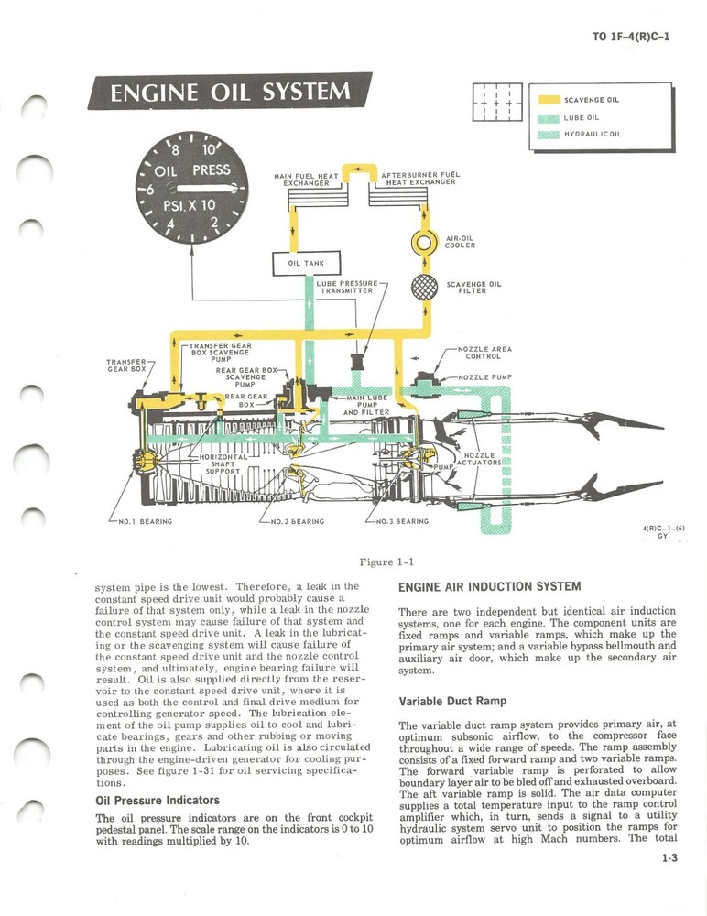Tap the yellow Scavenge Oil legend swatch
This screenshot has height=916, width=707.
pyautogui.click(x=548, y=99)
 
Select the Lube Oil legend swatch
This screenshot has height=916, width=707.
pyautogui.click(x=548, y=117)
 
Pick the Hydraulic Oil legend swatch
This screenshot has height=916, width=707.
pyautogui.click(x=548, y=135)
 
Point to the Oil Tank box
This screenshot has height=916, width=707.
pyautogui.click(x=306, y=264)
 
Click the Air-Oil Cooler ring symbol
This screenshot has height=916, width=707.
pyautogui.click(x=426, y=243)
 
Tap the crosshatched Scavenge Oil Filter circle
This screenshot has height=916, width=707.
pyautogui.click(x=426, y=287)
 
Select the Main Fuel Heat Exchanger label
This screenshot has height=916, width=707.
pyautogui.click(x=306, y=179)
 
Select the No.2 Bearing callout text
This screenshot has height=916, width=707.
pyautogui.click(x=297, y=522)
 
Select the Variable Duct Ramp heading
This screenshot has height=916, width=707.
pyautogui.click(x=452, y=702)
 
